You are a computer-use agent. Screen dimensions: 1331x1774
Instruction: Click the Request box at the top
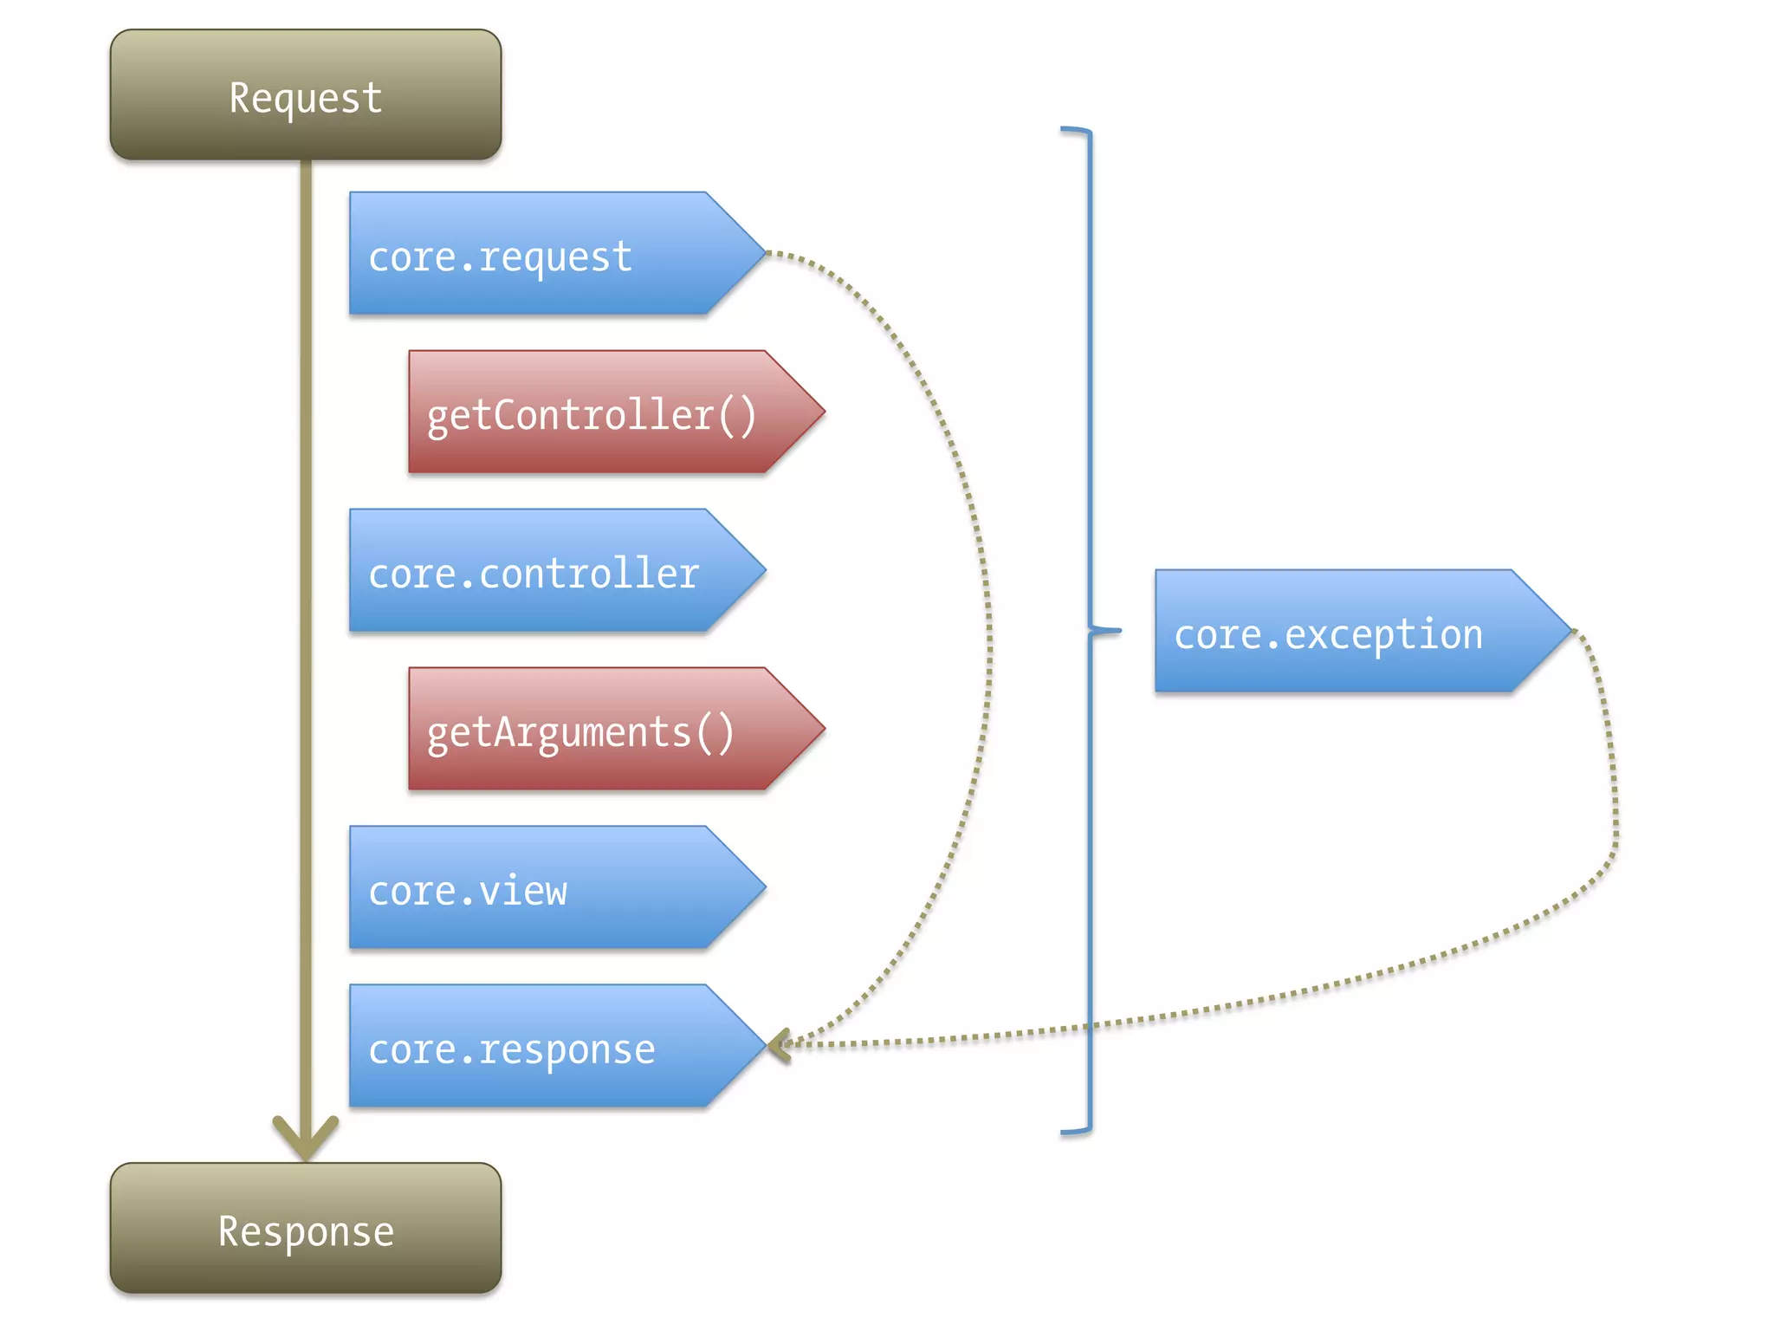[x=305, y=95]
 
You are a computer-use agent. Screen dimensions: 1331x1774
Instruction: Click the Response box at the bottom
[x=305, y=1229]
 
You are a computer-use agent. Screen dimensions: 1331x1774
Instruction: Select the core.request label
[x=500, y=257]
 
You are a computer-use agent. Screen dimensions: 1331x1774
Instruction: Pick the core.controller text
[x=533, y=575]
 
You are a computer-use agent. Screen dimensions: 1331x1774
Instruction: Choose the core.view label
[x=468, y=892]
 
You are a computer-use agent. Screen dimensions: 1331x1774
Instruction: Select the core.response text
[x=511, y=1050]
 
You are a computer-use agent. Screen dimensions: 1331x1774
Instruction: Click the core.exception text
[x=1327, y=635]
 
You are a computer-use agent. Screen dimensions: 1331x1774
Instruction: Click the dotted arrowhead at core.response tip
[x=778, y=1046]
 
